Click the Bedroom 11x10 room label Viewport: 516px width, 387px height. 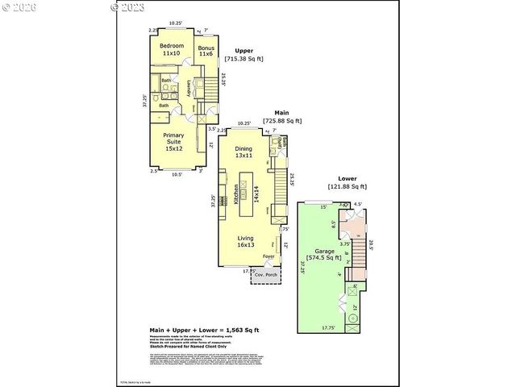[170, 48]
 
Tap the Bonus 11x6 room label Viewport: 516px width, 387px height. [205, 51]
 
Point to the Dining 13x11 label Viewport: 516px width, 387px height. [243, 152]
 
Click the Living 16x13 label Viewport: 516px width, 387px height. [248, 241]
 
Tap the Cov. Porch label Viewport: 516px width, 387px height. [265, 275]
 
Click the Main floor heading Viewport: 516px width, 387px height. [282, 112]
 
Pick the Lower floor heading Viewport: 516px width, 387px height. [347, 178]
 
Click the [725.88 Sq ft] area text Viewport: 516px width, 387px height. [282, 121]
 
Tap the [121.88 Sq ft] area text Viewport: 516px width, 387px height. [347, 187]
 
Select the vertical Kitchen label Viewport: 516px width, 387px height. [236, 194]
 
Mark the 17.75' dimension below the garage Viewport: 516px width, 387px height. [328, 328]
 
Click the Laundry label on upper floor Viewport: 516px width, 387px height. [189, 87]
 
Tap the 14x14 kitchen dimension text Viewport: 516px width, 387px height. [256, 194]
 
